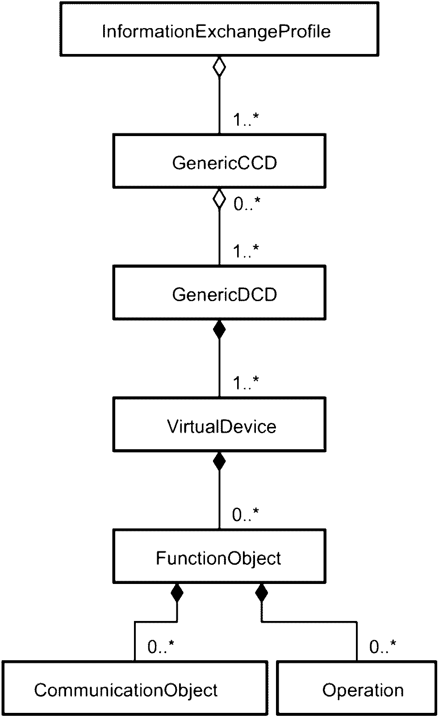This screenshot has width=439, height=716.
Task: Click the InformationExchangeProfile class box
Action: coord(219,29)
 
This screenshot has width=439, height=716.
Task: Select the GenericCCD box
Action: coord(219,161)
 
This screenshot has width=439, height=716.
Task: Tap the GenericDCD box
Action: coord(219,293)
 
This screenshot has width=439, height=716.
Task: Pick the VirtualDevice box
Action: coord(219,425)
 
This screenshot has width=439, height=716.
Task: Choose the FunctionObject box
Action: coord(219,556)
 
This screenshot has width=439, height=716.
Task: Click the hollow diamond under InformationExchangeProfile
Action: coord(219,66)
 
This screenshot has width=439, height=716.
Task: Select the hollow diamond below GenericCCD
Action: coord(219,198)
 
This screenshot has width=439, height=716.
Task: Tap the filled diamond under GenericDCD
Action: coord(219,330)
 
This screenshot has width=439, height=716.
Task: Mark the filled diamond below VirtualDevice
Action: coord(219,462)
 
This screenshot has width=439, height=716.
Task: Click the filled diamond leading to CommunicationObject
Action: coord(177,594)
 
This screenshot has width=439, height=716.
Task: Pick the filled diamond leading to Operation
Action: coord(261,594)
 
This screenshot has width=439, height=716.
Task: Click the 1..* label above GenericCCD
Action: coord(246,120)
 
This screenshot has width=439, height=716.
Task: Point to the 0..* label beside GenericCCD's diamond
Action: coord(247,203)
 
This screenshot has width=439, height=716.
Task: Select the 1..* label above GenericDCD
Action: coord(246,251)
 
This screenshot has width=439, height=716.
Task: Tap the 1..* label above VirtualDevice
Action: coord(246,383)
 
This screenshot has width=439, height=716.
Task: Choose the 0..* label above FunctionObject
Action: coord(246,515)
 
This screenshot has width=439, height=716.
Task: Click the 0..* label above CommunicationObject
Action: coord(161,647)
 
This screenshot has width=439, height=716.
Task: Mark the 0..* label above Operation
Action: coord(383,647)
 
